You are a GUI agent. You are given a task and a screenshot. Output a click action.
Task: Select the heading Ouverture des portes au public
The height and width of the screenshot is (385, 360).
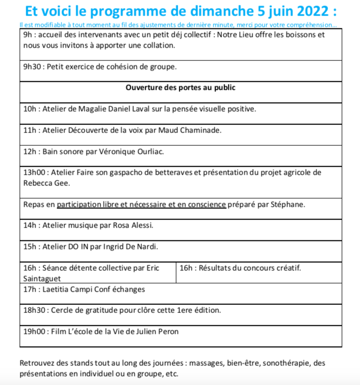pos(180,88)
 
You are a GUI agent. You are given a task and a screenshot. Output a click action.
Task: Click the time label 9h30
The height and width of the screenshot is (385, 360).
pos(33,67)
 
